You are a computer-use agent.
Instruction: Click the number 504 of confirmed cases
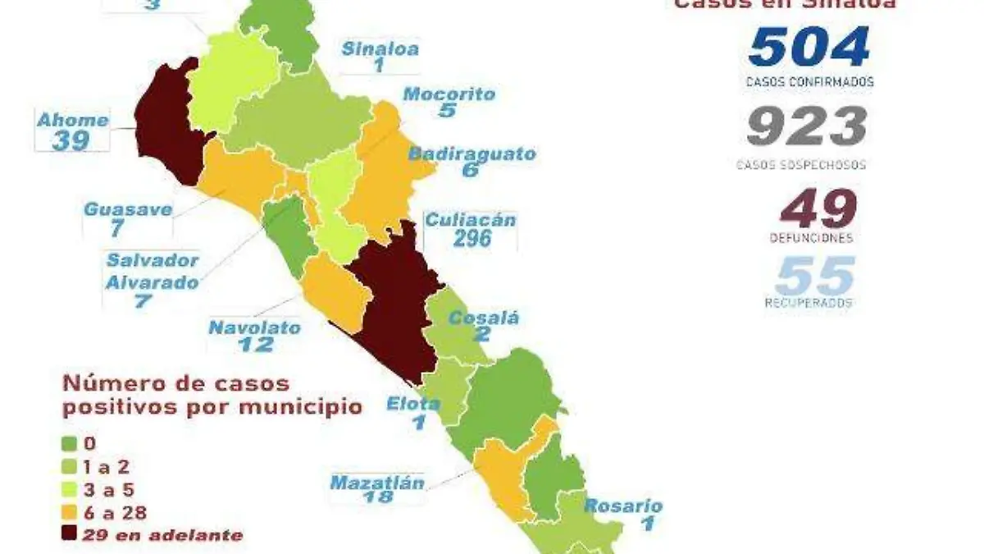tap(809, 47)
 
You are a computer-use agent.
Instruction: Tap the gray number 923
tap(807, 127)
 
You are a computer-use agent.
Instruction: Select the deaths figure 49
tap(818, 208)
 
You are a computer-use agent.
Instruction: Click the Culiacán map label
tap(470, 220)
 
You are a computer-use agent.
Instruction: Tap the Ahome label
tap(73, 120)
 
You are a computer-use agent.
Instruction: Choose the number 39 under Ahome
tap(71, 140)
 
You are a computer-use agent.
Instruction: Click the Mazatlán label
tap(377, 483)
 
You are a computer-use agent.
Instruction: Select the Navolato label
tap(254, 327)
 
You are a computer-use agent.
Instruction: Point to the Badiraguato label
tap(472, 153)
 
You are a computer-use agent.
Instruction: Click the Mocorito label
tap(449, 94)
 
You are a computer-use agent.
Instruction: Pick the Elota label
tap(414, 403)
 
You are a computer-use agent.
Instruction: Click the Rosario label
tap(623, 506)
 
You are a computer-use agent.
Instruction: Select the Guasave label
tap(128, 208)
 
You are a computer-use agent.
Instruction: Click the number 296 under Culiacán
tap(471, 238)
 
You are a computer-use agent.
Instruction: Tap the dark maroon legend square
tap(71, 535)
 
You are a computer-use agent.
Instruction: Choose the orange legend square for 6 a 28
tap(71, 512)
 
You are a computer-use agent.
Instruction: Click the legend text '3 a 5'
tap(103, 489)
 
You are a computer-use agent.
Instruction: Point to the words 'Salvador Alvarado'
tap(153, 272)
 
